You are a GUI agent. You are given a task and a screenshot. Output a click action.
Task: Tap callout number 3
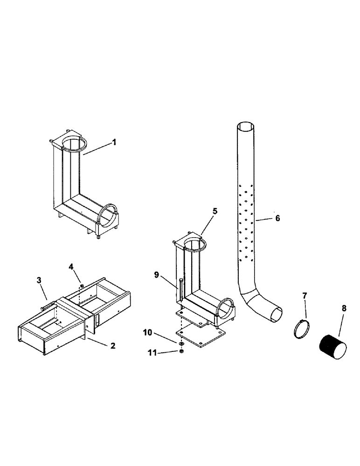pos(39,281)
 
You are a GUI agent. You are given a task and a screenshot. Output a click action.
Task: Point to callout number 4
pos(71,267)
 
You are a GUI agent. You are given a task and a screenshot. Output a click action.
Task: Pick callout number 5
pos(215,211)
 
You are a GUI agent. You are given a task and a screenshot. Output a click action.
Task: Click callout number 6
pos(277,218)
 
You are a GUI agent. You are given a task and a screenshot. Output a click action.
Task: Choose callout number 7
pos(305,295)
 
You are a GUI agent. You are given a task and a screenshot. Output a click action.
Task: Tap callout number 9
pos(157,275)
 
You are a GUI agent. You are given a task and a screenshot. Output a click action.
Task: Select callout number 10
pos(147,332)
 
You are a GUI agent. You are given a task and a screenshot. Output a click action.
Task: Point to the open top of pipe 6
pos(246,127)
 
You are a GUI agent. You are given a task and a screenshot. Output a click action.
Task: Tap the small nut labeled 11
pos(181,351)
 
